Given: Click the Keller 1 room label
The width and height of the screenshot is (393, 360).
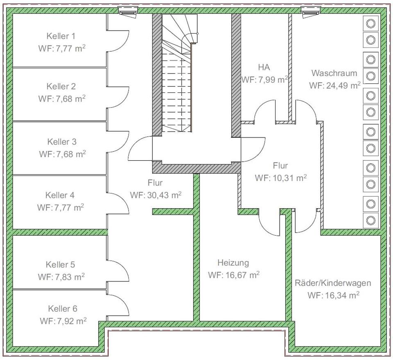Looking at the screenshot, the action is [61, 36].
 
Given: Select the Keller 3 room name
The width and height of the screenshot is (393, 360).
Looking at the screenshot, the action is [62, 142].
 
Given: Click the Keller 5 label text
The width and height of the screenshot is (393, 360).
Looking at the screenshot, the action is [60, 265].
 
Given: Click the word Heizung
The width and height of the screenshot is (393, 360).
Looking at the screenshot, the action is [233, 263].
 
